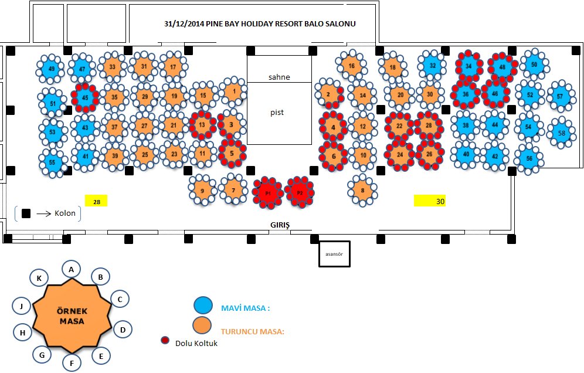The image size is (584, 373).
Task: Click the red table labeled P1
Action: point(268,192)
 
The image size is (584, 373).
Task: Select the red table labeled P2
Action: point(300,192)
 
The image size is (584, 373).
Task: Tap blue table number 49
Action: point(52,69)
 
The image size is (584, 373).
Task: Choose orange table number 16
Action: point(351,66)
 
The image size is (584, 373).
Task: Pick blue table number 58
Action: point(562,133)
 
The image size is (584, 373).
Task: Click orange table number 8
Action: point(362,190)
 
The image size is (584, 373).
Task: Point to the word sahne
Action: point(279,77)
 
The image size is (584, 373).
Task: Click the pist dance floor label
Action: point(277,112)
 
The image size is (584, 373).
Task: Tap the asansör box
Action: point(334,254)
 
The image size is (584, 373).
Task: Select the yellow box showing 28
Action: point(96,201)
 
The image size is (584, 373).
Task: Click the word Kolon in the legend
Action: point(64,213)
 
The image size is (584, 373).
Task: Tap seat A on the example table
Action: point(71,269)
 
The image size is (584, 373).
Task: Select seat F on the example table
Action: point(72,364)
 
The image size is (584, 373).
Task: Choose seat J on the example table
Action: point(21,305)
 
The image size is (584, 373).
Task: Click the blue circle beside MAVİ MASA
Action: point(203,305)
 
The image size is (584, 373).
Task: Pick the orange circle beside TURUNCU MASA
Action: point(203,325)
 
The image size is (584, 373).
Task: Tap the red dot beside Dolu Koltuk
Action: point(165,341)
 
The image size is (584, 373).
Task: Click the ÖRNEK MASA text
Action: point(72,316)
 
